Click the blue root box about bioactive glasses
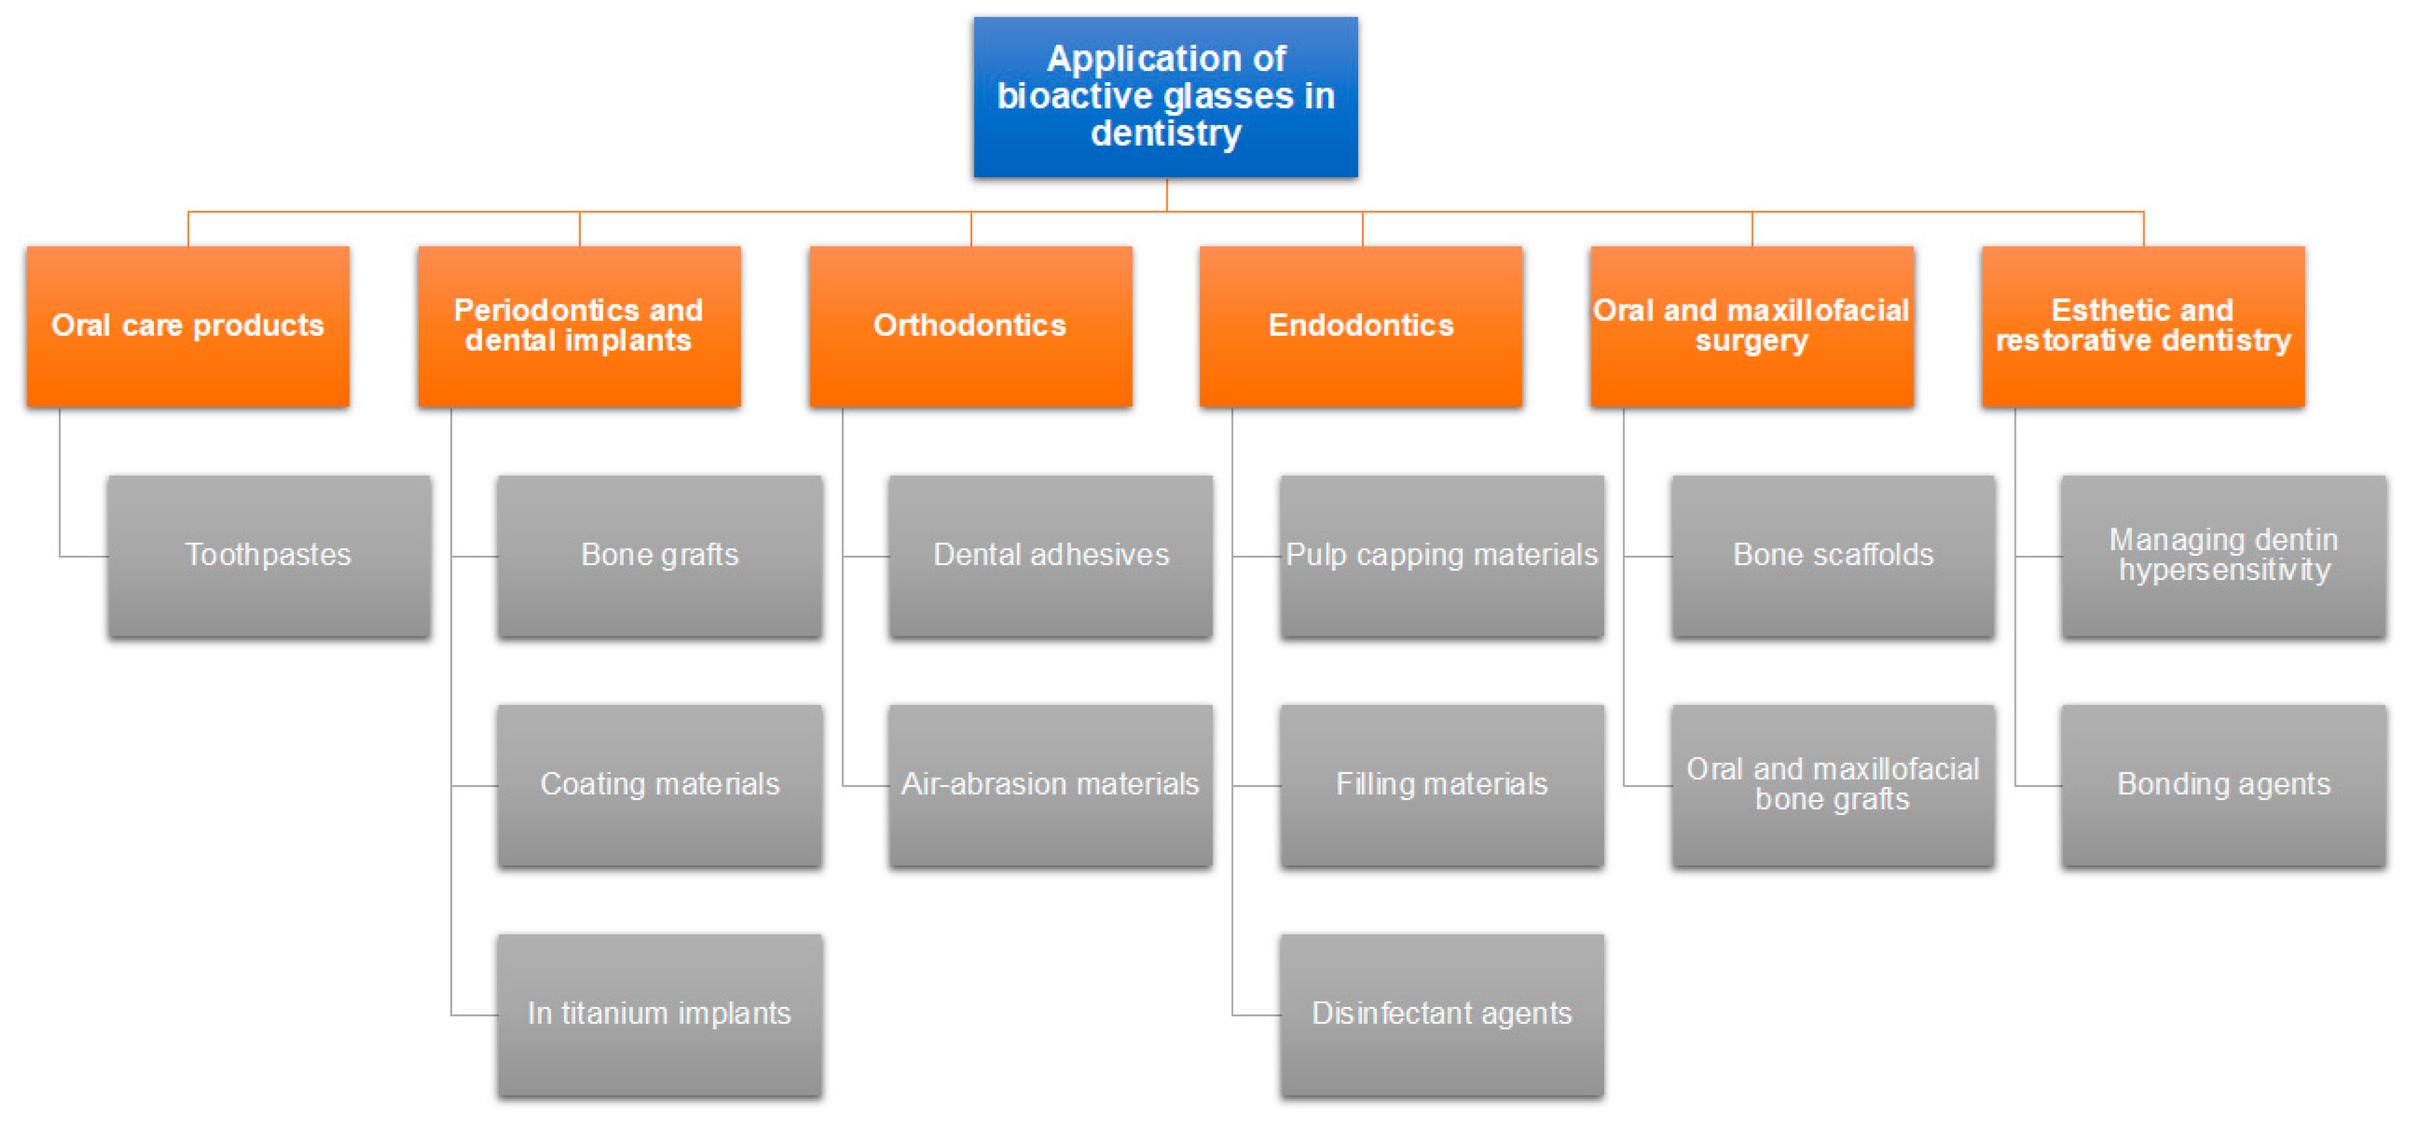(x=1165, y=97)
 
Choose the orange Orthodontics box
(x=970, y=326)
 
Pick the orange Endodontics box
(x=1360, y=326)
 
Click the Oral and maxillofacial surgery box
(x=1751, y=326)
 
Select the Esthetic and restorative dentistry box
(x=2142, y=326)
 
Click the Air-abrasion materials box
(x=1051, y=785)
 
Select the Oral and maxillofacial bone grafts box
(x=1832, y=785)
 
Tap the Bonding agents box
(x=2223, y=785)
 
